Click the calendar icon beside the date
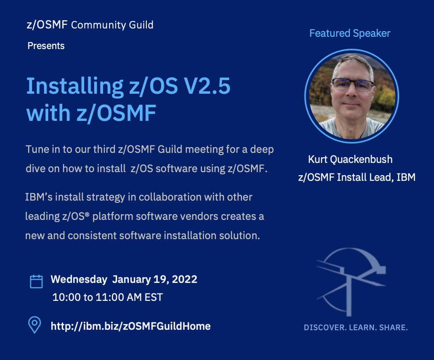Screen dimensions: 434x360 tap(36, 282)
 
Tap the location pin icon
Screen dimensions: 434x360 tap(35, 325)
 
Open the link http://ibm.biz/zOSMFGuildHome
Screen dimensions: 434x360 tap(131, 326)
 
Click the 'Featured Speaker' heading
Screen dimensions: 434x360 tap(350, 33)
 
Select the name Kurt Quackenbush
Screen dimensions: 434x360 tap(350, 159)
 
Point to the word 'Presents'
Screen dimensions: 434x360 tap(46, 46)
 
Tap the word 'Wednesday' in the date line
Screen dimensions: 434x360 tap(79, 279)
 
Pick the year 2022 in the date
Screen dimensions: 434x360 tap(184, 279)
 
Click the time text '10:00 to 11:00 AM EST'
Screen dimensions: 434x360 tap(108, 297)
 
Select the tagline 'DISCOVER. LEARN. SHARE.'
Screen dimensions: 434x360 tap(356, 328)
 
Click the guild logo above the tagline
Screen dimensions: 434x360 tap(351, 282)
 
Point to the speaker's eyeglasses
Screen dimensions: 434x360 tap(352, 85)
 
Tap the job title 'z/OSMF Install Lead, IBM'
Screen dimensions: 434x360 tap(357, 177)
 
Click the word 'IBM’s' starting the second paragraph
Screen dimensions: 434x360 tap(39, 197)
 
